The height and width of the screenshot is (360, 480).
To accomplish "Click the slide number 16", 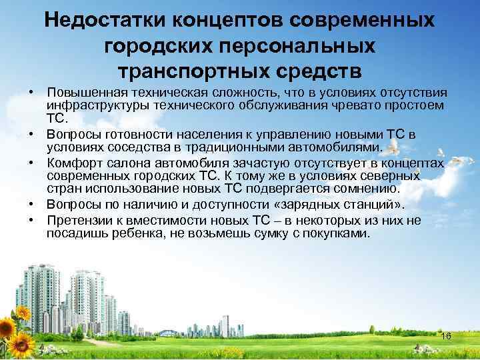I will click(x=446, y=336).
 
